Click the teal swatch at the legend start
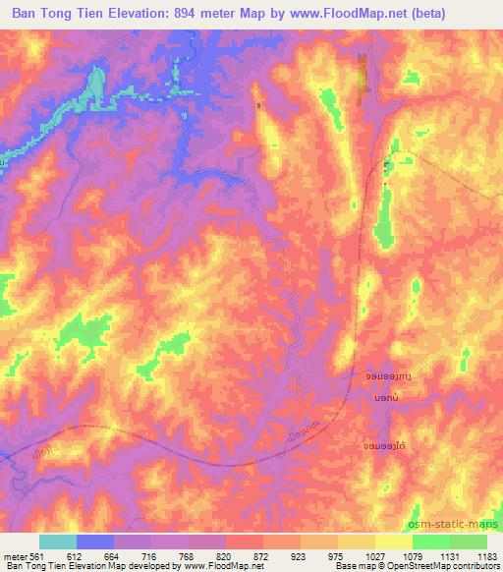click(x=57, y=542)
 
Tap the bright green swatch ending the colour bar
click(x=469, y=542)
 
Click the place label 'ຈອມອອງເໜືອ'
click(x=381, y=375)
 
